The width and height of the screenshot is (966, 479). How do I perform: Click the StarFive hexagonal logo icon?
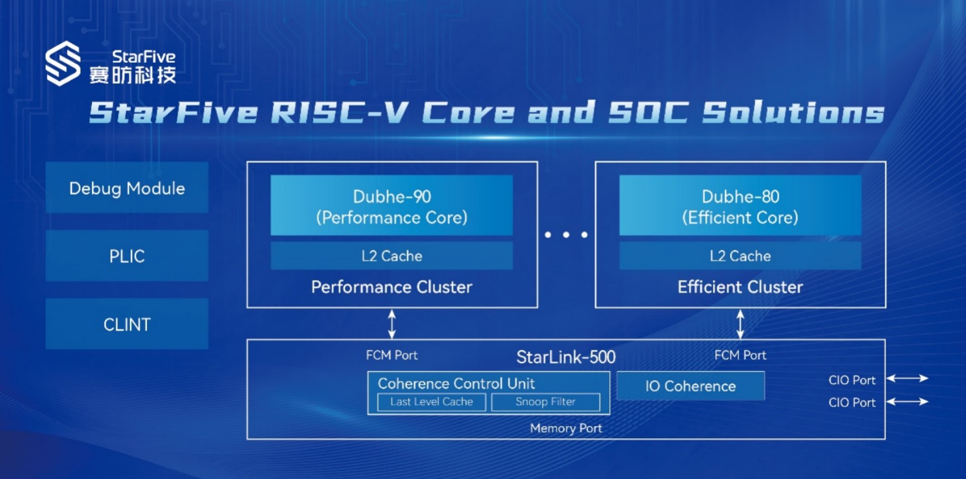click(63, 63)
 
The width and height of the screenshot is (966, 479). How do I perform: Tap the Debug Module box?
click(127, 187)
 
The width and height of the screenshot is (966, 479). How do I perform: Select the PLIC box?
click(127, 256)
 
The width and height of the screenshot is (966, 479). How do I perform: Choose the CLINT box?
click(127, 324)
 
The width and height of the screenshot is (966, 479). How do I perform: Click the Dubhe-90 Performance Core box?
click(391, 205)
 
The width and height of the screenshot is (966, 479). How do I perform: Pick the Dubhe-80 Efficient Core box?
click(741, 205)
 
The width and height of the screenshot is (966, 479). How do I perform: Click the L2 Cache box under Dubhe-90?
click(391, 256)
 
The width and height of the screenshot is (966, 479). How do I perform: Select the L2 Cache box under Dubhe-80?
click(741, 256)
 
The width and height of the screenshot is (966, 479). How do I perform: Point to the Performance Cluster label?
click(391, 287)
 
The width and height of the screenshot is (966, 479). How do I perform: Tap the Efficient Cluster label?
click(740, 287)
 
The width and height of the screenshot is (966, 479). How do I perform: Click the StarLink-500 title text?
click(566, 357)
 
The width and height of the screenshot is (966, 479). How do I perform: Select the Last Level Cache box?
click(431, 402)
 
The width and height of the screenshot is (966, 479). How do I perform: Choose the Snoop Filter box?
click(546, 402)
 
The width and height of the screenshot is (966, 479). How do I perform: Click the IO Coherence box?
click(690, 385)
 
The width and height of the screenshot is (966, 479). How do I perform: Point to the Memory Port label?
click(566, 428)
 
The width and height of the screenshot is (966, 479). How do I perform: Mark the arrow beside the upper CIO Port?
click(907, 378)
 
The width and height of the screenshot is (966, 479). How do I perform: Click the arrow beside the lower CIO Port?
click(907, 402)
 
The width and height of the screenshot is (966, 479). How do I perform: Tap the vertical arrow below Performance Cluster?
click(391, 323)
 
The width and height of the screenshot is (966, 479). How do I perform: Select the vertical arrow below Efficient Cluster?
click(740, 323)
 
